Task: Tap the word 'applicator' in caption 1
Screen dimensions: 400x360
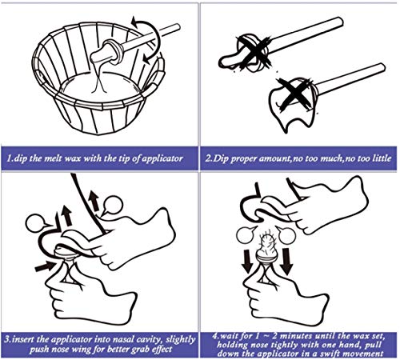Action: tap(162, 159)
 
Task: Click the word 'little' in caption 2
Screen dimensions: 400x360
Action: tap(382, 158)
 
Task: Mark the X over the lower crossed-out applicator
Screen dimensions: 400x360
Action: tap(294, 92)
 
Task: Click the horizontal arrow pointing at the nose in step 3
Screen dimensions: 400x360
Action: tap(45, 266)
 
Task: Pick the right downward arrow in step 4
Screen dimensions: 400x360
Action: tap(287, 261)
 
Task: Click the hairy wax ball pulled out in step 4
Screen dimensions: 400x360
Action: tap(267, 246)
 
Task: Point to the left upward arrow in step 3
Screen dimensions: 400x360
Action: tap(66, 215)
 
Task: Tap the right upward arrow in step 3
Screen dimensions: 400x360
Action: tap(94, 200)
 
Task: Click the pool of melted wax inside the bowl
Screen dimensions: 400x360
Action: tap(101, 86)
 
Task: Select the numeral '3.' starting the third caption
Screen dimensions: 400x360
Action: tap(8, 340)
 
